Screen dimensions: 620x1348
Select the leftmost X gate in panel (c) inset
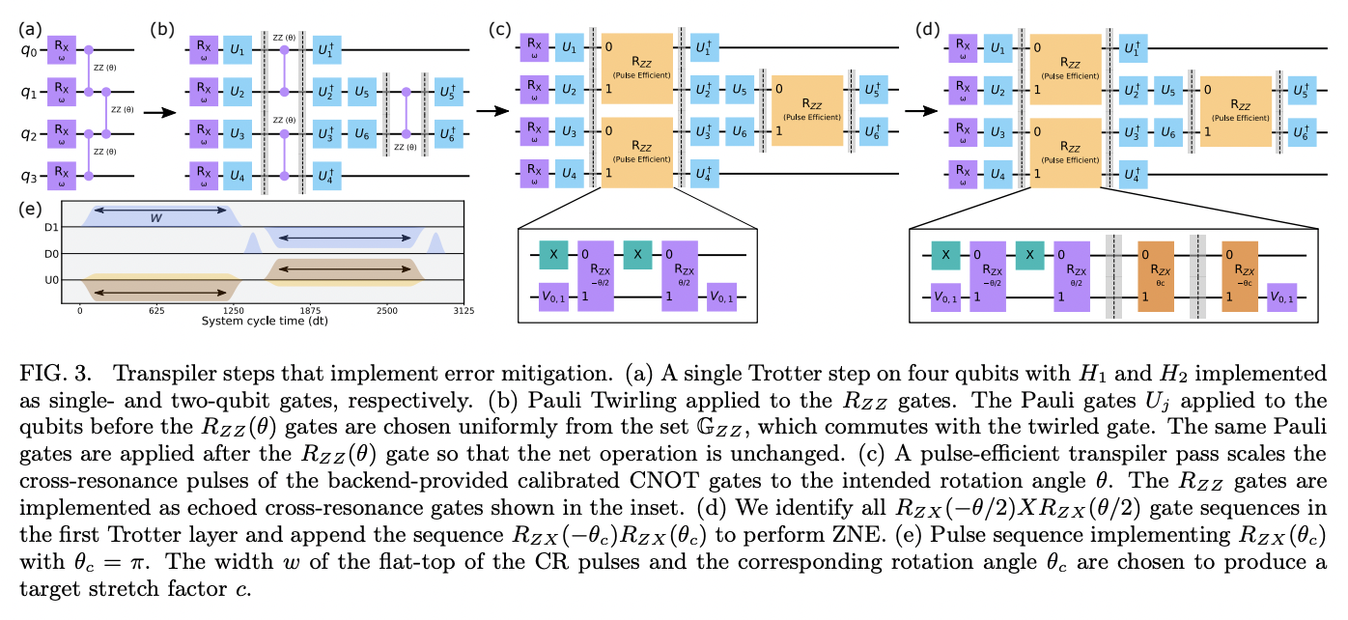coord(554,255)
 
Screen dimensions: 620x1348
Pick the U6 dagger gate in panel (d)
coord(1298,131)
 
